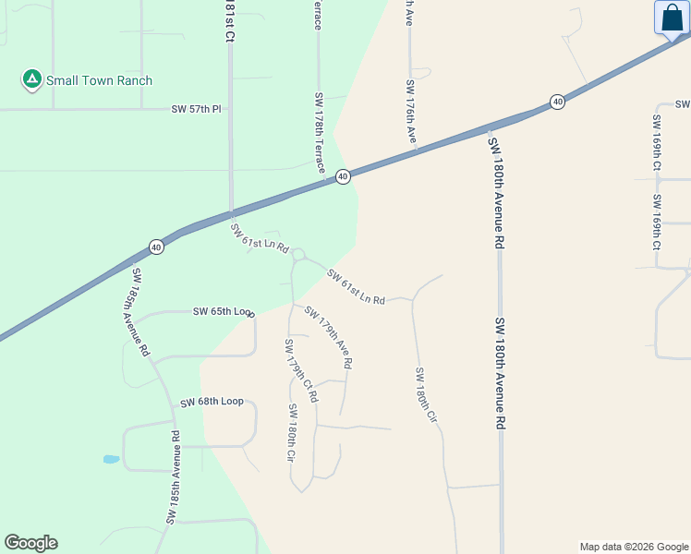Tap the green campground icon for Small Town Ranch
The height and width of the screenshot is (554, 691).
pos(32,80)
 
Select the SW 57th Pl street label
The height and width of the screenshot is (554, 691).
pos(197,109)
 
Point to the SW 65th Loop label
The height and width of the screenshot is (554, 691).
pos(223,312)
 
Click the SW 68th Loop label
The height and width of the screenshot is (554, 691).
pos(212,402)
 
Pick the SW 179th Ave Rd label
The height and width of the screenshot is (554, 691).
pos(328,338)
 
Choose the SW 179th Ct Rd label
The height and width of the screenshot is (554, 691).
pos(300,370)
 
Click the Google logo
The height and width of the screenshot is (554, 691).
pos(30,543)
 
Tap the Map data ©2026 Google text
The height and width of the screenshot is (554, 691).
pos(634,547)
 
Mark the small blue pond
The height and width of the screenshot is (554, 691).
pos(111,459)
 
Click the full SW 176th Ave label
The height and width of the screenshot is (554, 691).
pos(411,112)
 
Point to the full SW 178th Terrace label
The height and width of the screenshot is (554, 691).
pos(320,132)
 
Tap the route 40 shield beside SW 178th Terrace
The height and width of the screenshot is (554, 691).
pos(343,176)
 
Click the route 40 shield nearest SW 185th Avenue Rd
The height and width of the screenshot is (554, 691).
pos(156,247)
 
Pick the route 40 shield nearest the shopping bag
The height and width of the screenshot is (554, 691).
pos(557,102)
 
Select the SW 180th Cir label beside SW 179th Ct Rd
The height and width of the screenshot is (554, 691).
pos(291,432)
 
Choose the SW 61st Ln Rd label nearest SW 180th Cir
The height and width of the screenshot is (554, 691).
pos(355,287)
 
